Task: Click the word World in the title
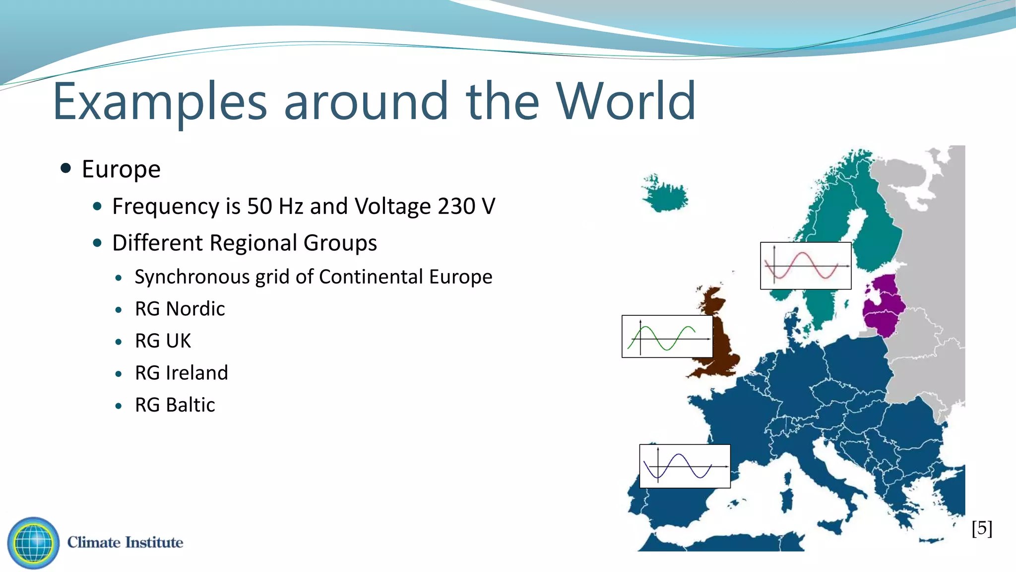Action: point(626,102)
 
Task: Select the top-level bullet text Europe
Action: point(121,169)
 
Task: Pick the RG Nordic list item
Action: point(180,309)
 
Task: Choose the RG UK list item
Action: point(163,341)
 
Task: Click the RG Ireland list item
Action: point(181,373)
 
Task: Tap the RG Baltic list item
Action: point(175,405)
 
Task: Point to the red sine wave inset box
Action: point(806,266)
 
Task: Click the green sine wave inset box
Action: point(667,337)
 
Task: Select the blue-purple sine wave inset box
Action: point(685,466)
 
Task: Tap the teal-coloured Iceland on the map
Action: point(665,194)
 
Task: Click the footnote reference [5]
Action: point(982,528)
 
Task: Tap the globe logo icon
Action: point(33,543)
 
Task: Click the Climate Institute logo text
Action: point(125,542)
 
